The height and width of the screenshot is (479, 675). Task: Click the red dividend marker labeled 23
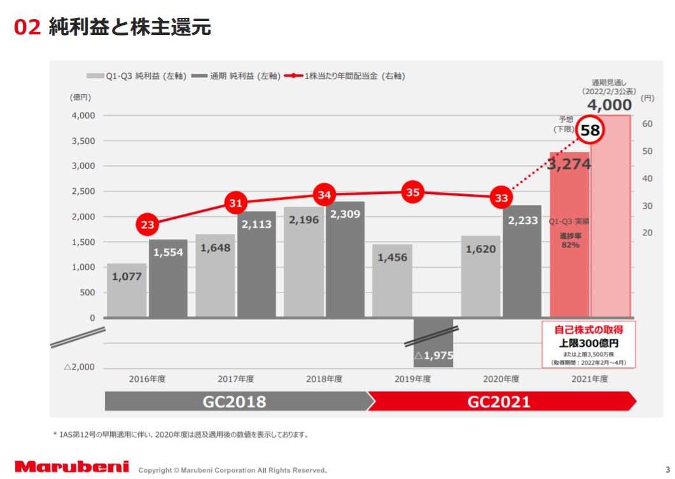[x=148, y=225]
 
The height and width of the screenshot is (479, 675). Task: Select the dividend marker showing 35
[x=413, y=192]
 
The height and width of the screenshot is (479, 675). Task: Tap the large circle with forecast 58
[x=590, y=131]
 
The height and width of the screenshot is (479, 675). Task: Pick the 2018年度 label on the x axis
[x=324, y=378]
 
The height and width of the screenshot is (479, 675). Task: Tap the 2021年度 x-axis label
[x=590, y=378]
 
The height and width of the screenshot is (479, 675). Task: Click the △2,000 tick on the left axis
[x=79, y=368]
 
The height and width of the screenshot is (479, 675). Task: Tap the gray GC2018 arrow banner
[x=235, y=402]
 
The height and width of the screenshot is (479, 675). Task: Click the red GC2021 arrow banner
[x=499, y=402]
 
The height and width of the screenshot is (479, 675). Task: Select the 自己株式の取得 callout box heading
[x=588, y=330]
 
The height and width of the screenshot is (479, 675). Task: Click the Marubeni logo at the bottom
[x=72, y=467]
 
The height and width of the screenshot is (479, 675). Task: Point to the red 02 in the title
[x=27, y=27]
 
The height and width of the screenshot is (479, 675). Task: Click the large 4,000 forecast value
[x=609, y=105]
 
